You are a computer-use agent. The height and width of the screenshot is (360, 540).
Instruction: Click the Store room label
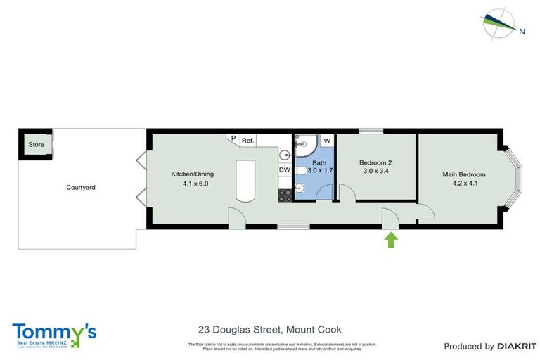(36, 145)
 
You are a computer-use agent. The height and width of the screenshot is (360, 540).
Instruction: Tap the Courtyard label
(81, 188)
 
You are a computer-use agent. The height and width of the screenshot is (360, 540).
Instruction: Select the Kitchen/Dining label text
(193, 174)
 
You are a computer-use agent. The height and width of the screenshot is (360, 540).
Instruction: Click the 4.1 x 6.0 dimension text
(193, 184)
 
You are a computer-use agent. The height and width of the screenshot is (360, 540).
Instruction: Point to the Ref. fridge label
(247, 141)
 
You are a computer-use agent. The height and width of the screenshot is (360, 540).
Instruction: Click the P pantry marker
(233, 139)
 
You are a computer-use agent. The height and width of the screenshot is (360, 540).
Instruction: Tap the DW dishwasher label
(285, 170)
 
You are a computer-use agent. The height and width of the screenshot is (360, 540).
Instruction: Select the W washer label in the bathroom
(327, 141)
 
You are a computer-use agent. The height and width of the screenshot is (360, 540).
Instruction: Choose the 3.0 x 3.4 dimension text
(376, 171)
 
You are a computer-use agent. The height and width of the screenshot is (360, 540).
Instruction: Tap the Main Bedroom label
(463, 174)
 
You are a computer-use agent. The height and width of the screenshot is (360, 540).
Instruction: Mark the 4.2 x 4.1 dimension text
(463, 184)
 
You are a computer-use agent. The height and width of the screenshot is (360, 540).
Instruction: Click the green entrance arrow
(391, 240)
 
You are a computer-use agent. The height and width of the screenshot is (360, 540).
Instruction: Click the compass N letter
(522, 31)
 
